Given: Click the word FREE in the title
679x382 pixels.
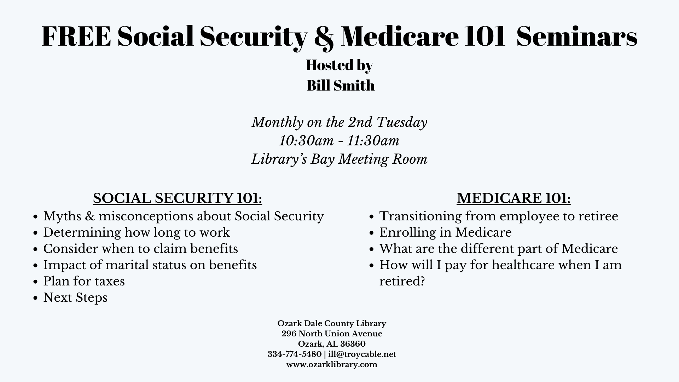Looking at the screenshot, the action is [76, 36].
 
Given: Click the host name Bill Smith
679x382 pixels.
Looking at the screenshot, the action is [341, 86].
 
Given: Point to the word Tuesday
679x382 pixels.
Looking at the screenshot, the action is [402, 122].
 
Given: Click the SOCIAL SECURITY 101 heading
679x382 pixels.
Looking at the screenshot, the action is [178, 198].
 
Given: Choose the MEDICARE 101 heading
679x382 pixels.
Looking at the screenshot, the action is [513, 198].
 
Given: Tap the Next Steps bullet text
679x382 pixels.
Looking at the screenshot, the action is [75, 298].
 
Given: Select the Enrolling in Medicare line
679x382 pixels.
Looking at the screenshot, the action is [445, 232].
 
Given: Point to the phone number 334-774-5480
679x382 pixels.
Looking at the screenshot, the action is [295, 354].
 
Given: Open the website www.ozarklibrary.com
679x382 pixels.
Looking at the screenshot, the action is [332, 365].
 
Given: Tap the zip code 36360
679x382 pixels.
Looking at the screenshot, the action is [353, 344].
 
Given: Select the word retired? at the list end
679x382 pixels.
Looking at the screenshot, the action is [402, 282].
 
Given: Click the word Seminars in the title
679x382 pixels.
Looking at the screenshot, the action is [577, 36].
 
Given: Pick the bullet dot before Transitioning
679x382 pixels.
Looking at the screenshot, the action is [371, 217].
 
